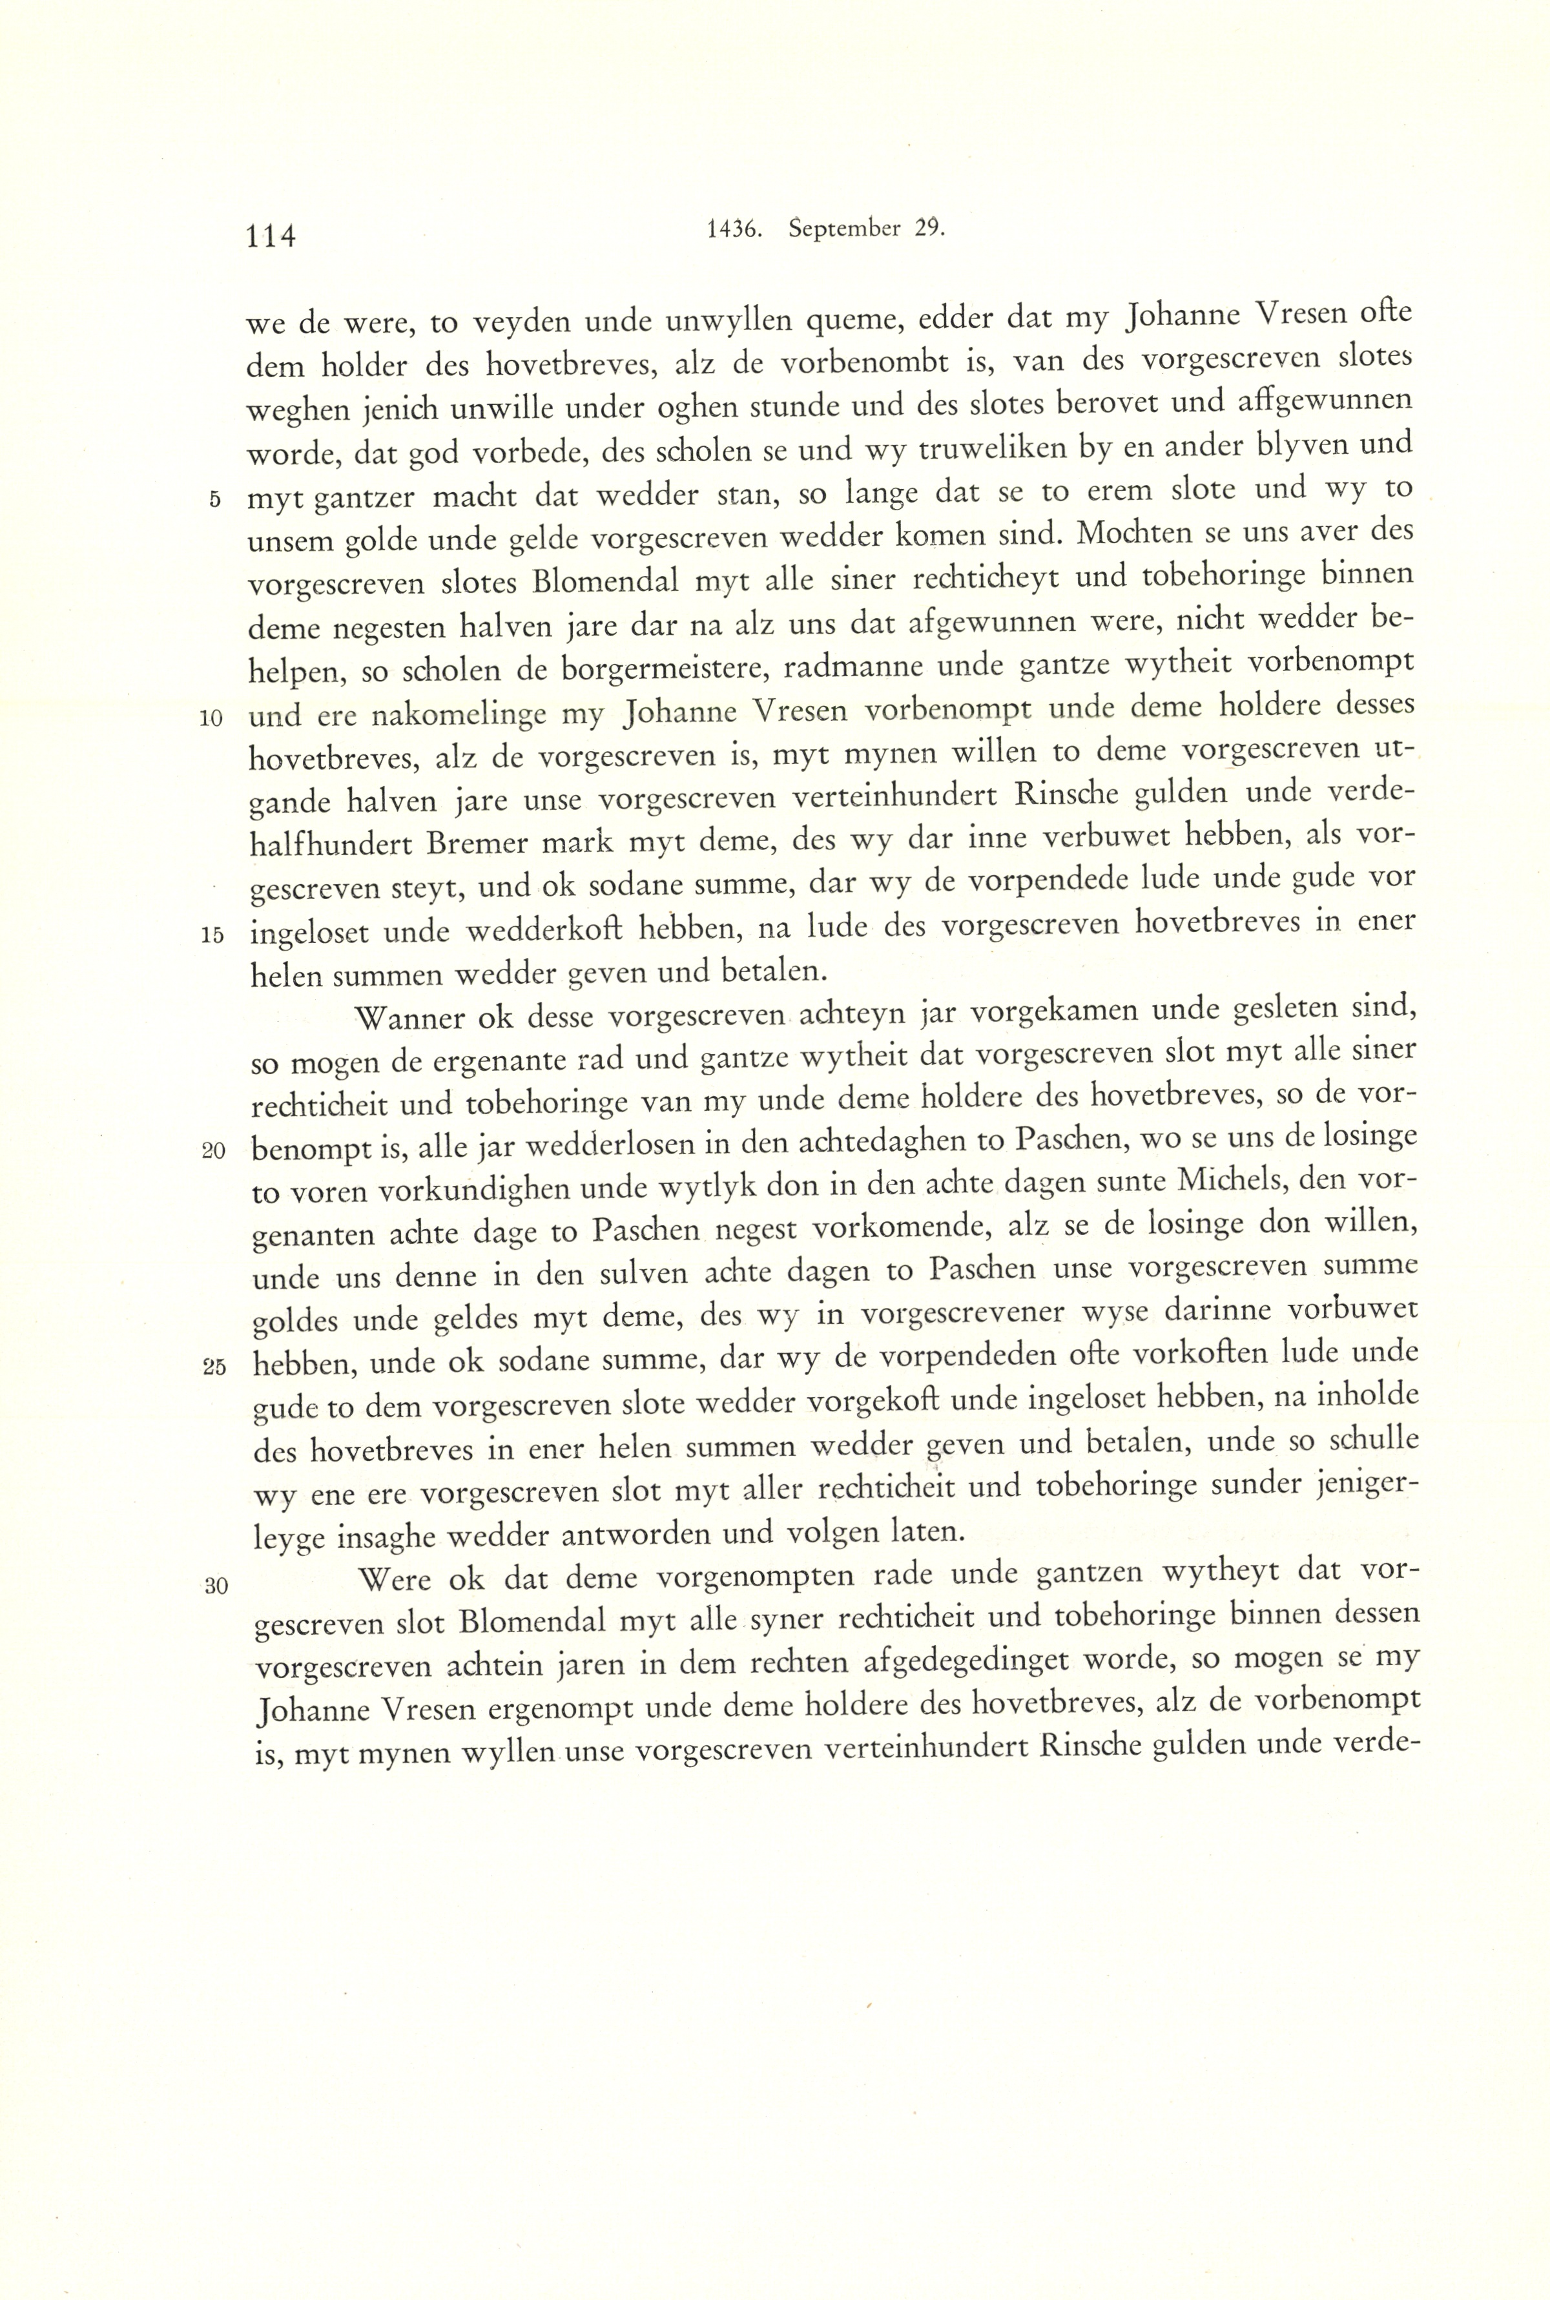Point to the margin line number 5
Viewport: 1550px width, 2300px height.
click(214, 499)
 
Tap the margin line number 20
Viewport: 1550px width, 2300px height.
click(214, 1152)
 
